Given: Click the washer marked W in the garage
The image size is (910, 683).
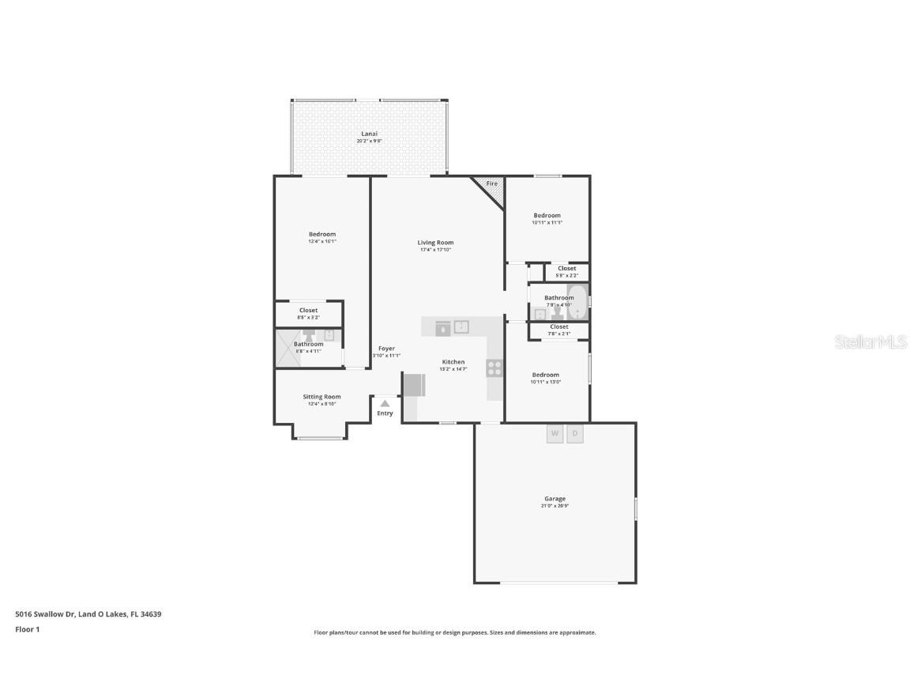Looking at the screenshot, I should click(x=555, y=434).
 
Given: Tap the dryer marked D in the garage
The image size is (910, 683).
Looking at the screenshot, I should click(x=575, y=434).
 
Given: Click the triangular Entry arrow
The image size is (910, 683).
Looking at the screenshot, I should click(x=385, y=403).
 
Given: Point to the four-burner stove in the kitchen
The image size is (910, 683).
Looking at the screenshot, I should click(x=494, y=368).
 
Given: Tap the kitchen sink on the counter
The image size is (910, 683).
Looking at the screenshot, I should click(x=462, y=326).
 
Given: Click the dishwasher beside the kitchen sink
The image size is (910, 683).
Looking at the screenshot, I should click(x=442, y=327).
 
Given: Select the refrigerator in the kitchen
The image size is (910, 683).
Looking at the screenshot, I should click(x=414, y=385).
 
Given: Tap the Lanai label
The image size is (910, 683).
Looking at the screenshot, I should click(x=369, y=134).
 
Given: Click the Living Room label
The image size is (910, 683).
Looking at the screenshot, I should click(x=435, y=243).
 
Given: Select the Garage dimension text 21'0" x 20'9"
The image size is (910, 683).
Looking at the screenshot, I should click(x=555, y=506).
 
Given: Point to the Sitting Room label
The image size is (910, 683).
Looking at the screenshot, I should click(x=322, y=397).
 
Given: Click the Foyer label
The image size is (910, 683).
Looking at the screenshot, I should click(x=386, y=349).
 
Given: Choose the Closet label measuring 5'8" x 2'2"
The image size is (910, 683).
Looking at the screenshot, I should click(x=566, y=269).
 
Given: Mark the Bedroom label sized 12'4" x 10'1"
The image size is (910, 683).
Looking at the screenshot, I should click(x=322, y=234).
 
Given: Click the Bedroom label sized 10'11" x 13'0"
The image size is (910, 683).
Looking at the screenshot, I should click(x=545, y=375).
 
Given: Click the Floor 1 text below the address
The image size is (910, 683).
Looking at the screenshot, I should click(x=27, y=629).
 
